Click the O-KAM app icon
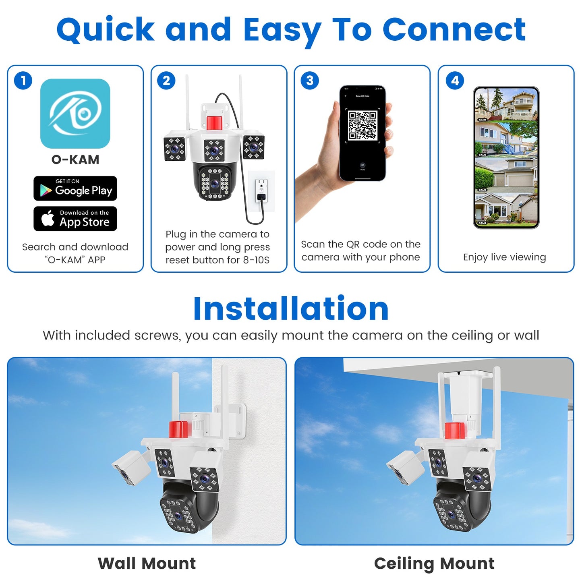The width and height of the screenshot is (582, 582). (75, 113)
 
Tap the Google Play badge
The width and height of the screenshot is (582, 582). (75, 188)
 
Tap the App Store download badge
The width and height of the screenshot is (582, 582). (75, 219)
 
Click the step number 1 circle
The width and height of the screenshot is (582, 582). (23, 81)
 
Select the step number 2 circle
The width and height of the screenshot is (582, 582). (166, 81)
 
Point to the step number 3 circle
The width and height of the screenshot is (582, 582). (310, 81)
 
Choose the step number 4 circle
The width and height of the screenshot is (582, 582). (455, 81)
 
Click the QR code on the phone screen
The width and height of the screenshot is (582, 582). (362, 126)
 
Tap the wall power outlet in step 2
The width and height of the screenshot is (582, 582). (261, 191)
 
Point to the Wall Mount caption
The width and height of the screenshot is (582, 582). (147, 563)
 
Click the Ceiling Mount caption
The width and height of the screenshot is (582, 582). (434, 563)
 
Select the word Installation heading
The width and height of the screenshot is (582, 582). (291, 309)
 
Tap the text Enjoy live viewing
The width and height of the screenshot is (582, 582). (504, 257)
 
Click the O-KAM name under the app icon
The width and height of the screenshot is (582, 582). (75, 159)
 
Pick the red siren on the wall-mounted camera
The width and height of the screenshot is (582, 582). (178, 429)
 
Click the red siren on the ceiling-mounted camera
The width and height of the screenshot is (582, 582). (455, 431)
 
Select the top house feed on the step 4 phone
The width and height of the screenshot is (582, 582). (506, 104)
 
